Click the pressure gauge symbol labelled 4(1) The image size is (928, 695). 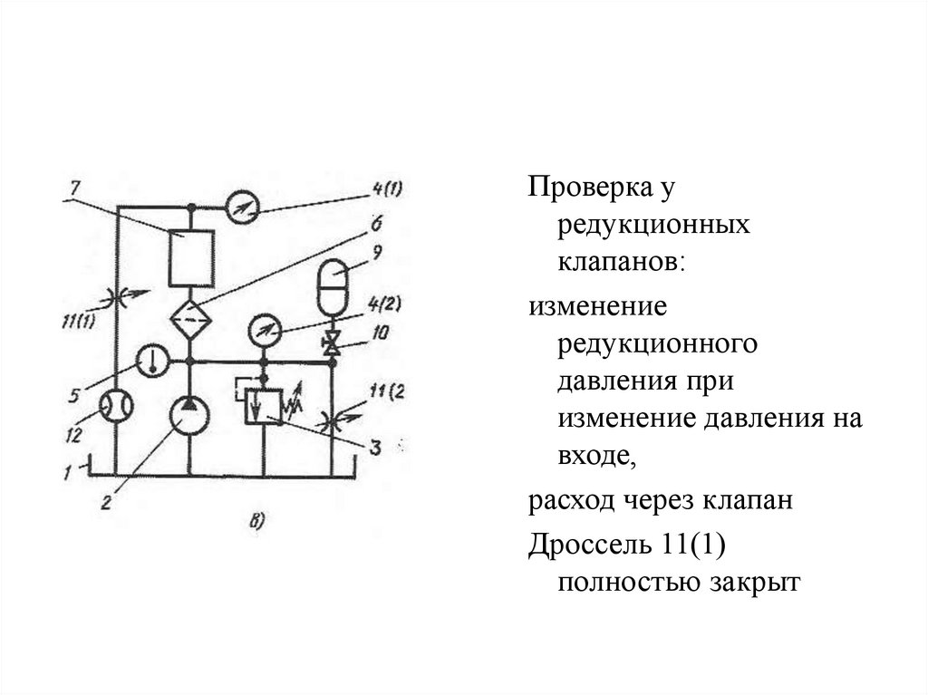click(242, 207)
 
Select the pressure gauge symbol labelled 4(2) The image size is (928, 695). click(264, 330)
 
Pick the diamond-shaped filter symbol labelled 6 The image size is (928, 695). click(190, 320)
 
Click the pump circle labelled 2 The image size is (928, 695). click(190, 417)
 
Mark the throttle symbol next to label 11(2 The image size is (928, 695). click(333, 420)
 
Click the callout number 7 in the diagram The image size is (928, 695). click(74, 188)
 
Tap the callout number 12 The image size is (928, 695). click(80, 436)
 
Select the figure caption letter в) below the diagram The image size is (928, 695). click(257, 519)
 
